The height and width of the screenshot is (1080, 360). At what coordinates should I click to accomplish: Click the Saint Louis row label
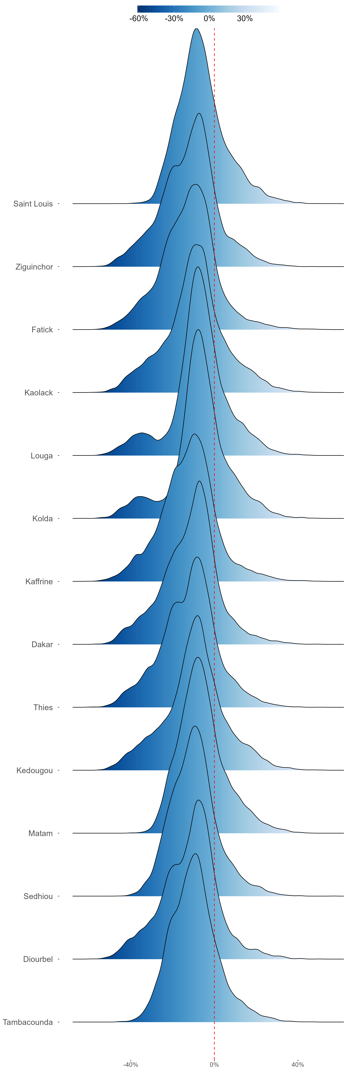pyautogui.click(x=33, y=204)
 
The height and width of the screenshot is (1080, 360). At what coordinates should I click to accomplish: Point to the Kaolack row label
pyautogui.click(x=39, y=392)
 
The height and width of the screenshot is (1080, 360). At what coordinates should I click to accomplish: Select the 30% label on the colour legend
pyautogui.click(x=245, y=18)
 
